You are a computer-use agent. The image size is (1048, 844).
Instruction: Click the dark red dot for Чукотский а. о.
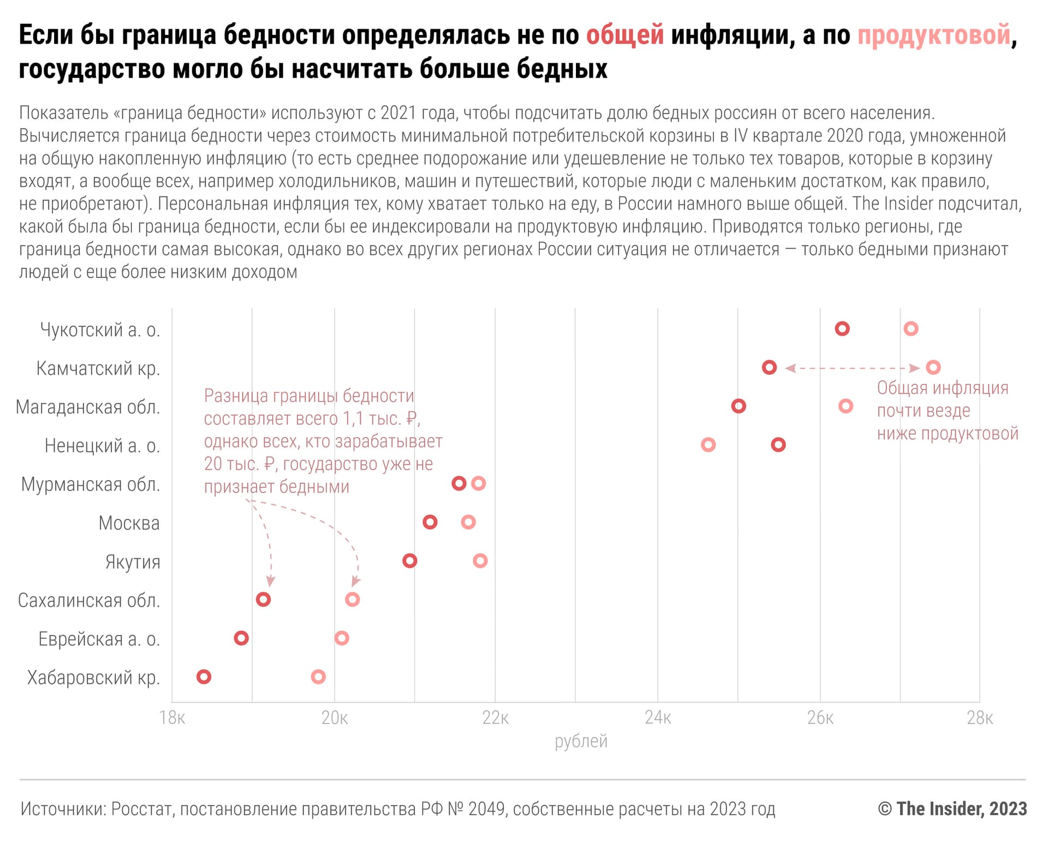(x=842, y=328)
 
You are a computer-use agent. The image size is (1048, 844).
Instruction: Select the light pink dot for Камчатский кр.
(x=933, y=367)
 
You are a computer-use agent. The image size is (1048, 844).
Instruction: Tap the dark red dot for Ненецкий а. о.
(x=778, y=445)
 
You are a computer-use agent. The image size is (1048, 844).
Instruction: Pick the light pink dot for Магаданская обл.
(x=845, y=406)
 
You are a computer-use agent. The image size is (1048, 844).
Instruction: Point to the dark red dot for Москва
(x=430, y=522)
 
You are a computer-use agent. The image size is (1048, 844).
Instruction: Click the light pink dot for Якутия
(x=480, y=560)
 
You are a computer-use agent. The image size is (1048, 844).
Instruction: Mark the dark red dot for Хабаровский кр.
(x=204, y=677)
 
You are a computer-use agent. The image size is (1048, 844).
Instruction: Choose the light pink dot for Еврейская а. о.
(x=342, y=638)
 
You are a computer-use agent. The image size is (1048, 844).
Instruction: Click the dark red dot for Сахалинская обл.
(x=263, y=600)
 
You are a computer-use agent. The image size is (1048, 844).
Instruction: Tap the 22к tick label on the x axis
(x=495, y=718)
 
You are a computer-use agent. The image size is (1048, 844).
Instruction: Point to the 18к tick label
(x=172, y=718)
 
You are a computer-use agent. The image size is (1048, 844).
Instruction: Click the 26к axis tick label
(x=820, y=718)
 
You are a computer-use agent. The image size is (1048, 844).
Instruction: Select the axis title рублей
(x=581, y=741)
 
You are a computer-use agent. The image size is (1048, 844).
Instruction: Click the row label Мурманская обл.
(x=91, y=484)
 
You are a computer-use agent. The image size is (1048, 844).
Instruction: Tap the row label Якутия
(x=133, y=561)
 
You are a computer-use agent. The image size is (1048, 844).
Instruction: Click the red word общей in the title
(x=625, y=34)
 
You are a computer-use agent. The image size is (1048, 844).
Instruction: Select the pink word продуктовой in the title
(x=934, y=34)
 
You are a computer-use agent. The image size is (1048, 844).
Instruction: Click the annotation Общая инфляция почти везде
(x=943, y=399)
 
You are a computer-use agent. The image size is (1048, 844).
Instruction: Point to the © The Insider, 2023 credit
(x=952, y=809)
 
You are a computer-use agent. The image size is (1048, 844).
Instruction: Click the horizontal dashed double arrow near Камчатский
(x=852, y=368)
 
